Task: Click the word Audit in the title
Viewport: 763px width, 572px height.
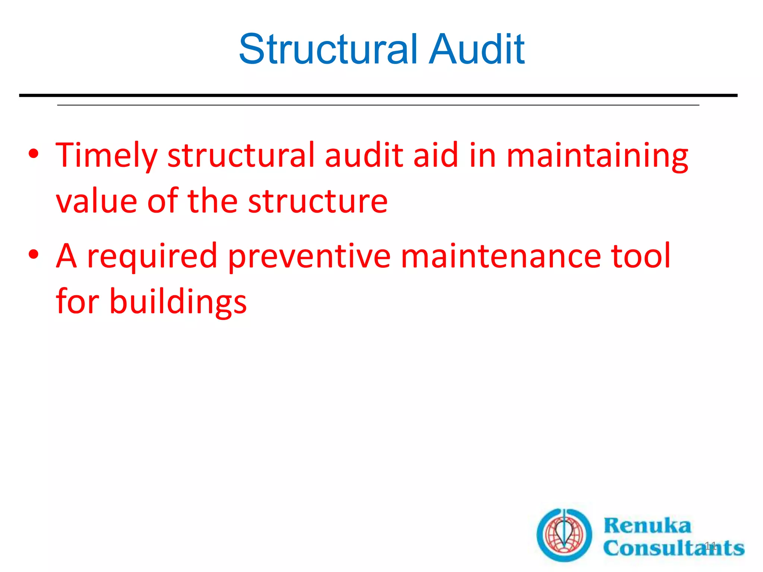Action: (477, 50)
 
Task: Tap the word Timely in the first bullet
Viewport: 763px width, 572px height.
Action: (107, 155)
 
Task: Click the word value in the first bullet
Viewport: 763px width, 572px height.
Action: (96, 201)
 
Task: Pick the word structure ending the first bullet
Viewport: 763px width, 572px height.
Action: (318, 201)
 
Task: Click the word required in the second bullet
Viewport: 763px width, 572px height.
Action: (152, 256)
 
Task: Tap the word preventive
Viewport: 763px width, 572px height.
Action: (309, 256)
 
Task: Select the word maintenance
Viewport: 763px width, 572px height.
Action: (500, 256)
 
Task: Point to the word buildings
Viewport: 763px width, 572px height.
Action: (178, 302)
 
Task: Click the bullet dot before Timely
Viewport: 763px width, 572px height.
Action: (34, 154)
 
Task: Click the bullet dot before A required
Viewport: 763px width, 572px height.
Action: (34, 255)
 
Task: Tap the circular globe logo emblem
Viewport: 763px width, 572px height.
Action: (564, 535)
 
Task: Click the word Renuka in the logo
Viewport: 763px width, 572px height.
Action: (647, 525)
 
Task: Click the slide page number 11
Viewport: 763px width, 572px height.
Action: (710, 546)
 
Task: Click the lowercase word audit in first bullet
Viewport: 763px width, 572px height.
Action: (364, 155)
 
